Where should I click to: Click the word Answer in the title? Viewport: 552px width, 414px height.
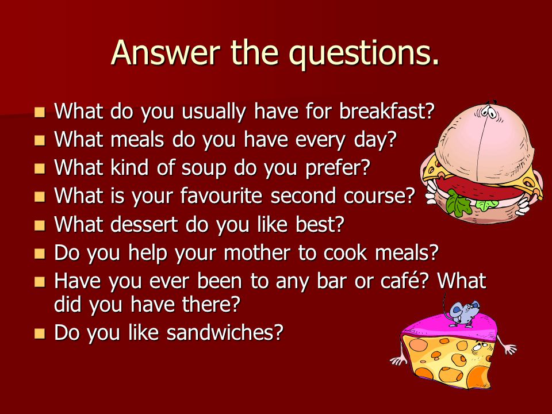coord(166,53)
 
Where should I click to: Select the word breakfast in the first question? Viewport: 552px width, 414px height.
coord(386,111)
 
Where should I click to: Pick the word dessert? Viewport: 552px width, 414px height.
coord(144,224)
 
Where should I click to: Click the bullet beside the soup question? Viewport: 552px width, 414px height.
coord(40,168)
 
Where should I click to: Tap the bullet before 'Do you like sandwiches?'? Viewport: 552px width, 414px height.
coord(40,333)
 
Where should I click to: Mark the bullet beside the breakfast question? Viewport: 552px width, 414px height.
coord(40,112)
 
